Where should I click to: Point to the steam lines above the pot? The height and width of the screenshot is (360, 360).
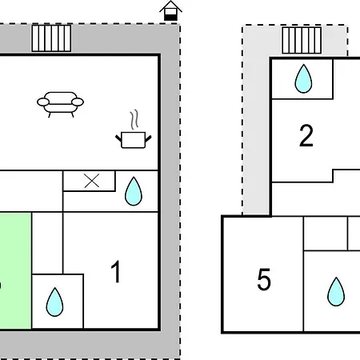click(134, 119)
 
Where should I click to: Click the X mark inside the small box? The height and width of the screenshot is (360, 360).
click(92, 181)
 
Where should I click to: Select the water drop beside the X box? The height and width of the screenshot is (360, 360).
click(134, 191)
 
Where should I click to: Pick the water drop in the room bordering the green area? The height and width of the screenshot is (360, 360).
click(54, 302)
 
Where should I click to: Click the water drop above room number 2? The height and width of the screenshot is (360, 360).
click(303, 79)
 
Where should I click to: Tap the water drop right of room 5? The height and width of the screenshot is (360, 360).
click(336, 292)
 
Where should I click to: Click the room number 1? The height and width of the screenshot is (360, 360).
click(116, 271)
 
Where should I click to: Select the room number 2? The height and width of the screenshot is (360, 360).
click(306, 136)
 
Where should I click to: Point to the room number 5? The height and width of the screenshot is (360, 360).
click(264, 279)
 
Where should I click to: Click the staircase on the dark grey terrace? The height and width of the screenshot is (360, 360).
click(51, 38)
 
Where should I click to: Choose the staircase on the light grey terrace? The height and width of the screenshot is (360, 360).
click(302, 40)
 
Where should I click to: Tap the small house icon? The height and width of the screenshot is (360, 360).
click(170, 11)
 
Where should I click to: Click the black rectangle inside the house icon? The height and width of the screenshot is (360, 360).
click(170, 18)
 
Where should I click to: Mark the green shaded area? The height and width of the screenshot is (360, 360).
click(15, 270)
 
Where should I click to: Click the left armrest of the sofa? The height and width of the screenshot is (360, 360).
click(43, 102)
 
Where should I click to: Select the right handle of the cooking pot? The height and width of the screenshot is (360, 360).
click(148, 138)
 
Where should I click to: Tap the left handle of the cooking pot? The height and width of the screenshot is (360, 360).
click(118, 138)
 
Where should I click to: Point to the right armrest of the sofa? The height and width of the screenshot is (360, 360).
click(78, 102)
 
